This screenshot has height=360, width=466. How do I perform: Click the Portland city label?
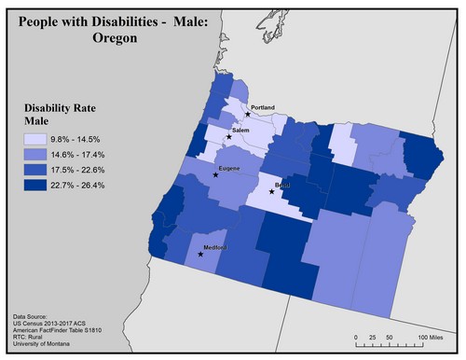click(x=263, y=107)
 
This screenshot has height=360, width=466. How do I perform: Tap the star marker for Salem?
click(x=228, y=137)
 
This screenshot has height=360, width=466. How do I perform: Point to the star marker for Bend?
click(x=271, y=191)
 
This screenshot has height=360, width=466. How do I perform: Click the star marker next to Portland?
click(x=247, y=114)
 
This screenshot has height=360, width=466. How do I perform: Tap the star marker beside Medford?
click(x=200, y=254)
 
